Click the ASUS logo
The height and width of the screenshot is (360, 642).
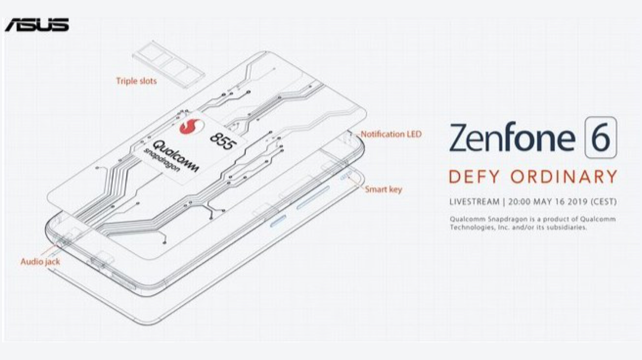coord(37,25)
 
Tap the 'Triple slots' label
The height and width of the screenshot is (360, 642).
coord(136,81)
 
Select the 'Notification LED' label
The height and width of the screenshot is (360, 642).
coord(391,134)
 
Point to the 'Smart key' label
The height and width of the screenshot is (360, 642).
coord(384,190)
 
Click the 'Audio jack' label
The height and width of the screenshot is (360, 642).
coord(40,262)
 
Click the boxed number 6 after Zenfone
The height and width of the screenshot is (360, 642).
coord(601,137)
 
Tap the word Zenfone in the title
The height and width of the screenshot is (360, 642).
coord(513,138)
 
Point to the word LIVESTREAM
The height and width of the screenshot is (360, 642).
coord(475,202)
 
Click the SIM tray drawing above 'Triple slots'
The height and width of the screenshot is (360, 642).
coord(169,65)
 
